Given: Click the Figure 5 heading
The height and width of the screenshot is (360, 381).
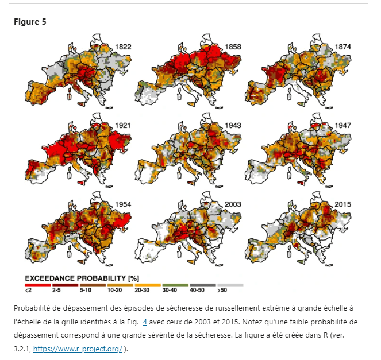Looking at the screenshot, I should pyautogui.click(x=30, y=22).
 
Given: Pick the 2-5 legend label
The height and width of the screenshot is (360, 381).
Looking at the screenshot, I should pyautogui.click(x=56, y=291).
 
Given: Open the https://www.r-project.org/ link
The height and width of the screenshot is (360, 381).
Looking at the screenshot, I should pyautogui.click(x=77, y=348).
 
